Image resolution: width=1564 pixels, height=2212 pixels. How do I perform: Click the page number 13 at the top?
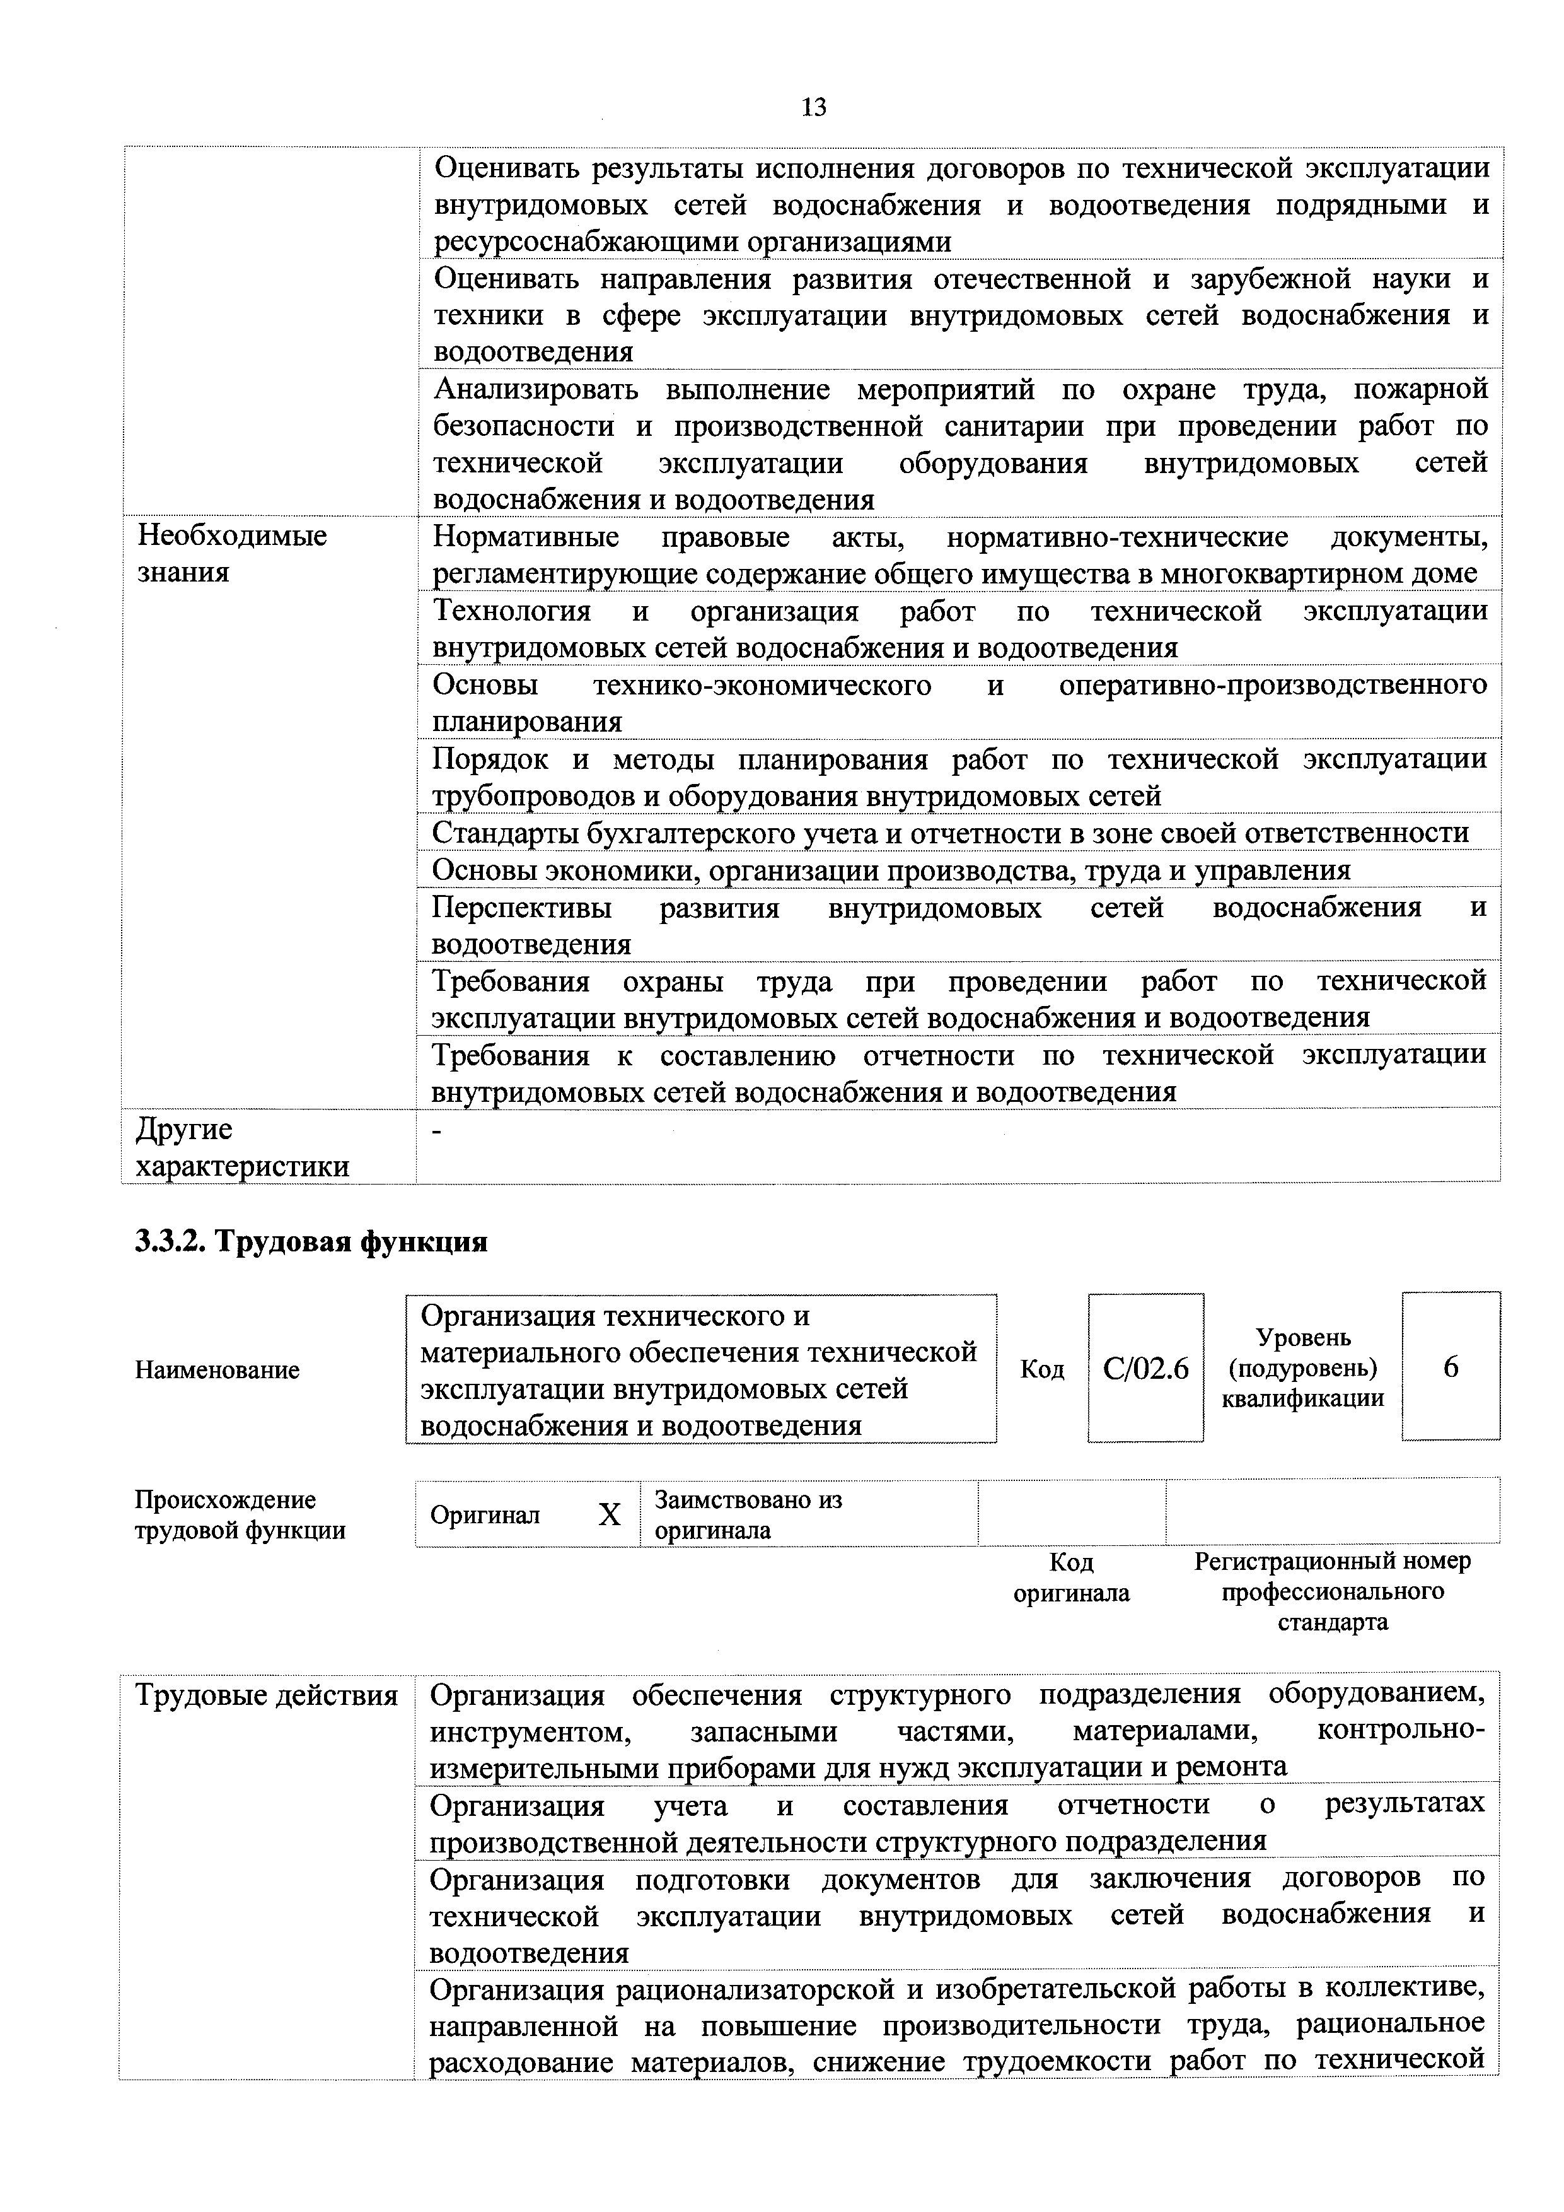pyautogui.click(x=814, y=107)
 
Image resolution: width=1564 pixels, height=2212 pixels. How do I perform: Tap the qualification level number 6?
pyautogui.click(x=1451, y=1366)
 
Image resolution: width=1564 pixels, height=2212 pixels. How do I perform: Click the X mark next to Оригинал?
pyautogui.click(x=610, y=1516)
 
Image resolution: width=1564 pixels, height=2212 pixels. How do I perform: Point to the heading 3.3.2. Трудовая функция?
pyautogui.click(x=311, y=1242)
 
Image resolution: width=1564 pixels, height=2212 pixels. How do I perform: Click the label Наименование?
pyautogui.click(x=217, y=1369)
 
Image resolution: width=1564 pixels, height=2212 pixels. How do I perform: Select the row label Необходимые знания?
pyautogui.click(x=231, y=553)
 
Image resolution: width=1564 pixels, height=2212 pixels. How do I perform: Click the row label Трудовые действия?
pyautogui.click(x=267, y=1695)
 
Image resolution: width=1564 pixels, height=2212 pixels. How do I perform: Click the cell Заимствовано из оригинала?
pyautogui.click(x=748, y=1514)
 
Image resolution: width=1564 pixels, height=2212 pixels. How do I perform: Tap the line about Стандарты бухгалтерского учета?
pyautogui.click(x=949, y=833)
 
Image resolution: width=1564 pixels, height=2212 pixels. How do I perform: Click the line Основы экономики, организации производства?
pyautogui.click(x=891, y=870)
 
